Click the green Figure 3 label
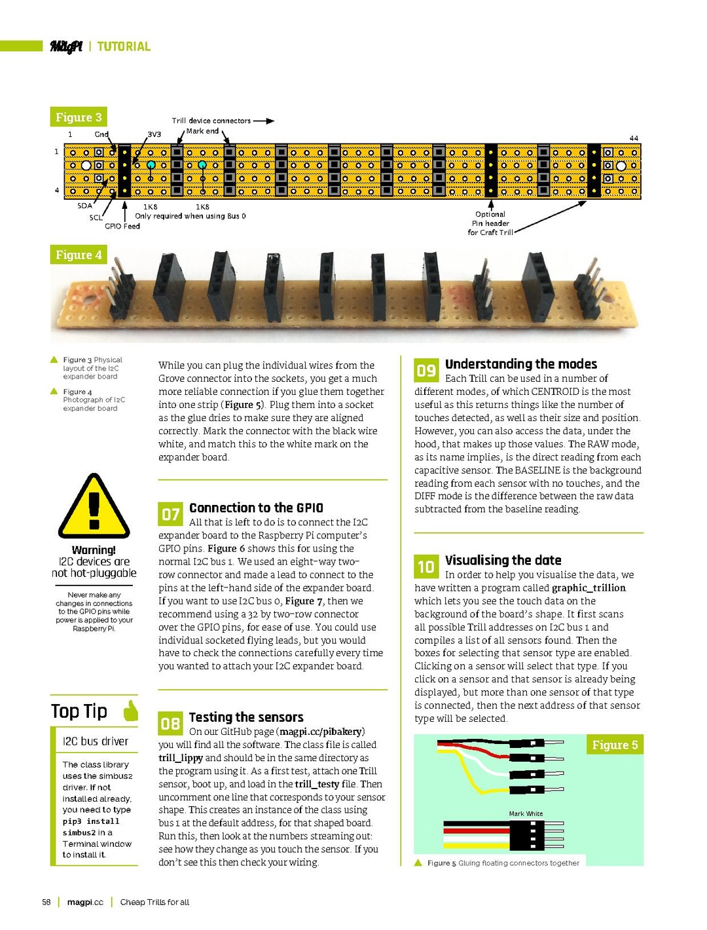(79, 117)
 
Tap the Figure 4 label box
(79, 255)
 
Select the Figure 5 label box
(614, 745)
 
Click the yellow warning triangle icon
(94, 506)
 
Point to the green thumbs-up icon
(131, 711)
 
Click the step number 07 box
(170, 514)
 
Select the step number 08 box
(170, 724)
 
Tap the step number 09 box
(426, 370)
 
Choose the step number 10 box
(426, 567)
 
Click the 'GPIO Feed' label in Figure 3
(122, 226)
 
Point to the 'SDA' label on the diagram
(84, 206)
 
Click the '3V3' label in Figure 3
(154, 134)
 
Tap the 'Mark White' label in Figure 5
(526, 813)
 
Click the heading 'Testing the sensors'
(246, 717)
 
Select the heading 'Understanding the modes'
(521, 364)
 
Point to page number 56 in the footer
(46, 902)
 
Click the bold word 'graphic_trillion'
(589, 588)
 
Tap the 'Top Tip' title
(79, 711)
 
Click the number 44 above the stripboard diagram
(634, 138)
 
